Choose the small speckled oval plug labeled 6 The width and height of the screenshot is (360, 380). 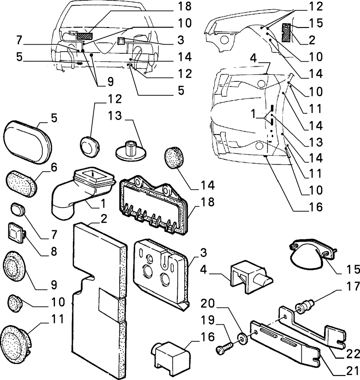(21, 183)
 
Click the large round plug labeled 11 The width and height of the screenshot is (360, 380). (14, 266)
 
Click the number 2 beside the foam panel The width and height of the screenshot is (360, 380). (104, 219)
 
